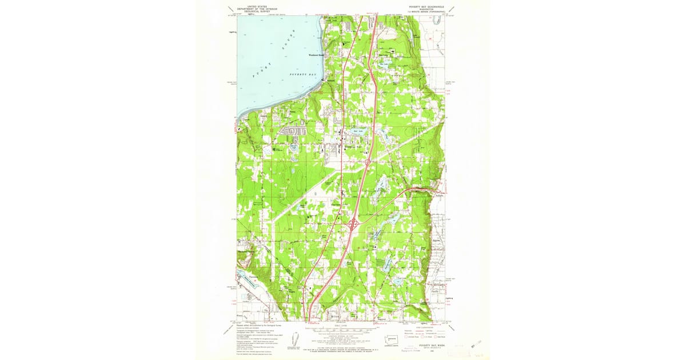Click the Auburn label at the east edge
(x=440, y=194)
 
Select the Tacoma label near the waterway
(x=246, y=276)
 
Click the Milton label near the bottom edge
(x=336, y=315)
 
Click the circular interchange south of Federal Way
(x=367, y=162)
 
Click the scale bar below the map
(x=342, y=329)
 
